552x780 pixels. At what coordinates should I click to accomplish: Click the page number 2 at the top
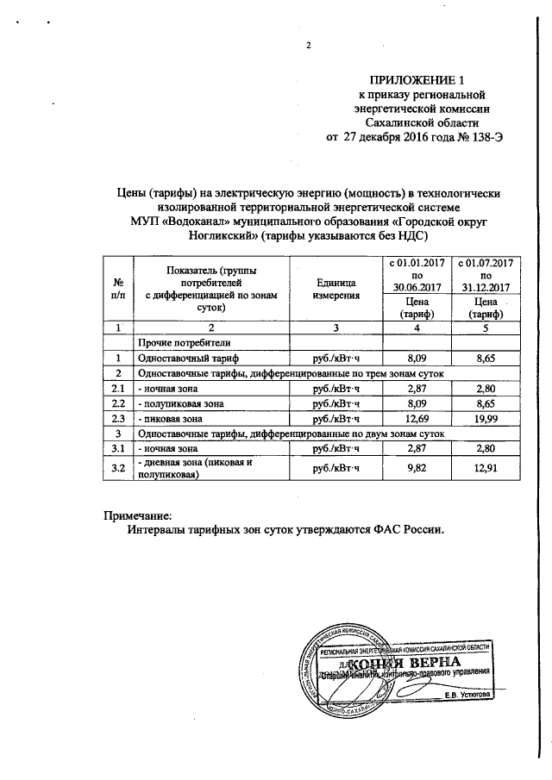307,47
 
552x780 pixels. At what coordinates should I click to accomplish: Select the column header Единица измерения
336,289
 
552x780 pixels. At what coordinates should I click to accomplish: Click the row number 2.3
117,418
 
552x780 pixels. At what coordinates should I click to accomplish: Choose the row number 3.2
117,468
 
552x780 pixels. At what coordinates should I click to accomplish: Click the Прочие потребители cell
180,342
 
